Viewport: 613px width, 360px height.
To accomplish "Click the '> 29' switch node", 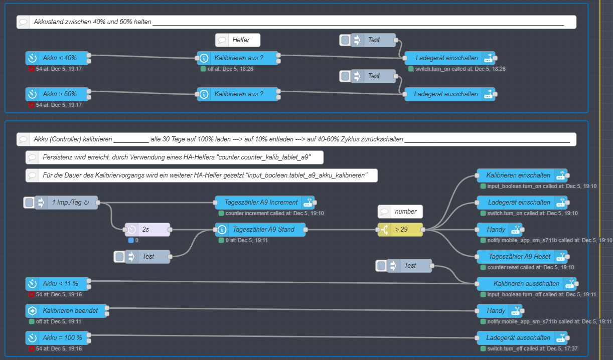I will [x=400, y=230].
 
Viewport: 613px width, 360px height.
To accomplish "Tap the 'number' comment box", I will [x=405, y=212].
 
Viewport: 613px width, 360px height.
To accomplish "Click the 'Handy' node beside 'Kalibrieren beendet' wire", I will [x=496, y=311].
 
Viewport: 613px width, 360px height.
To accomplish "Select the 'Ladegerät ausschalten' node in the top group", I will [x=446, y=94].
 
